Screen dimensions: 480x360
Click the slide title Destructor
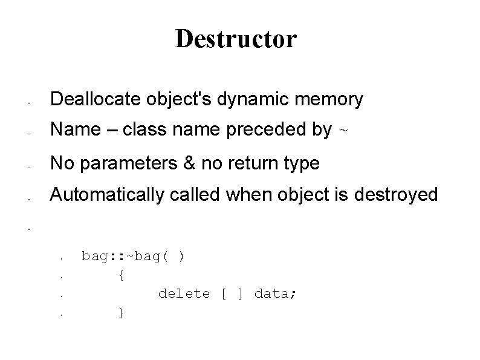click(236, 39)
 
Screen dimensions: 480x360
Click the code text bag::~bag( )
click(134, 257)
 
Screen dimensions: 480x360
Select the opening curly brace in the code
click(122, 275)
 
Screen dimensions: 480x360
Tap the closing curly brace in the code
click(122, 313)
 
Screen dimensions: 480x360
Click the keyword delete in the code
click(184, 294)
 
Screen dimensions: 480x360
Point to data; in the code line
click(275, 294)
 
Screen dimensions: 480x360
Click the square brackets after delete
click(232, 294)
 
